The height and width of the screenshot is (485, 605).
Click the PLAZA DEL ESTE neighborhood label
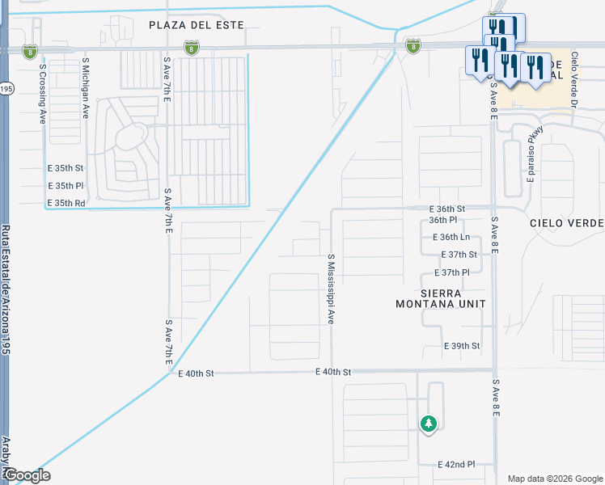tap(197, 25)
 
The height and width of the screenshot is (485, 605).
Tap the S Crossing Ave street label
tap(42, 89)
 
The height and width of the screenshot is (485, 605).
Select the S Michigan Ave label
tap(85, 87)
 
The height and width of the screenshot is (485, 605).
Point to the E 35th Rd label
tap(66, 202)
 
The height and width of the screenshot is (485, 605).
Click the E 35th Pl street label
tap(66, 185)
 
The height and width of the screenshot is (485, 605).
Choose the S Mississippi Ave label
tap(331, 289)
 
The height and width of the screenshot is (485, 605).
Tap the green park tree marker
tap(428, 423)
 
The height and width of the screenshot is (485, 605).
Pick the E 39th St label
tap(462, 345)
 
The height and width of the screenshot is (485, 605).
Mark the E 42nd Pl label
tap(456, 465)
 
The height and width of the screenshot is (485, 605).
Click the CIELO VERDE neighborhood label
tap(566, 222)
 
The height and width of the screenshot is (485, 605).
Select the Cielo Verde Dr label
tap(574, 81)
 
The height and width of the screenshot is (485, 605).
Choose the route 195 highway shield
tap(6, 88)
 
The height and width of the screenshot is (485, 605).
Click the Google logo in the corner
tap(27, 475)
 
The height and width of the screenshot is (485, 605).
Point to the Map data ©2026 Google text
tap(555, 479)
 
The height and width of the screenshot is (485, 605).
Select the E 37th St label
tap(459, 254)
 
